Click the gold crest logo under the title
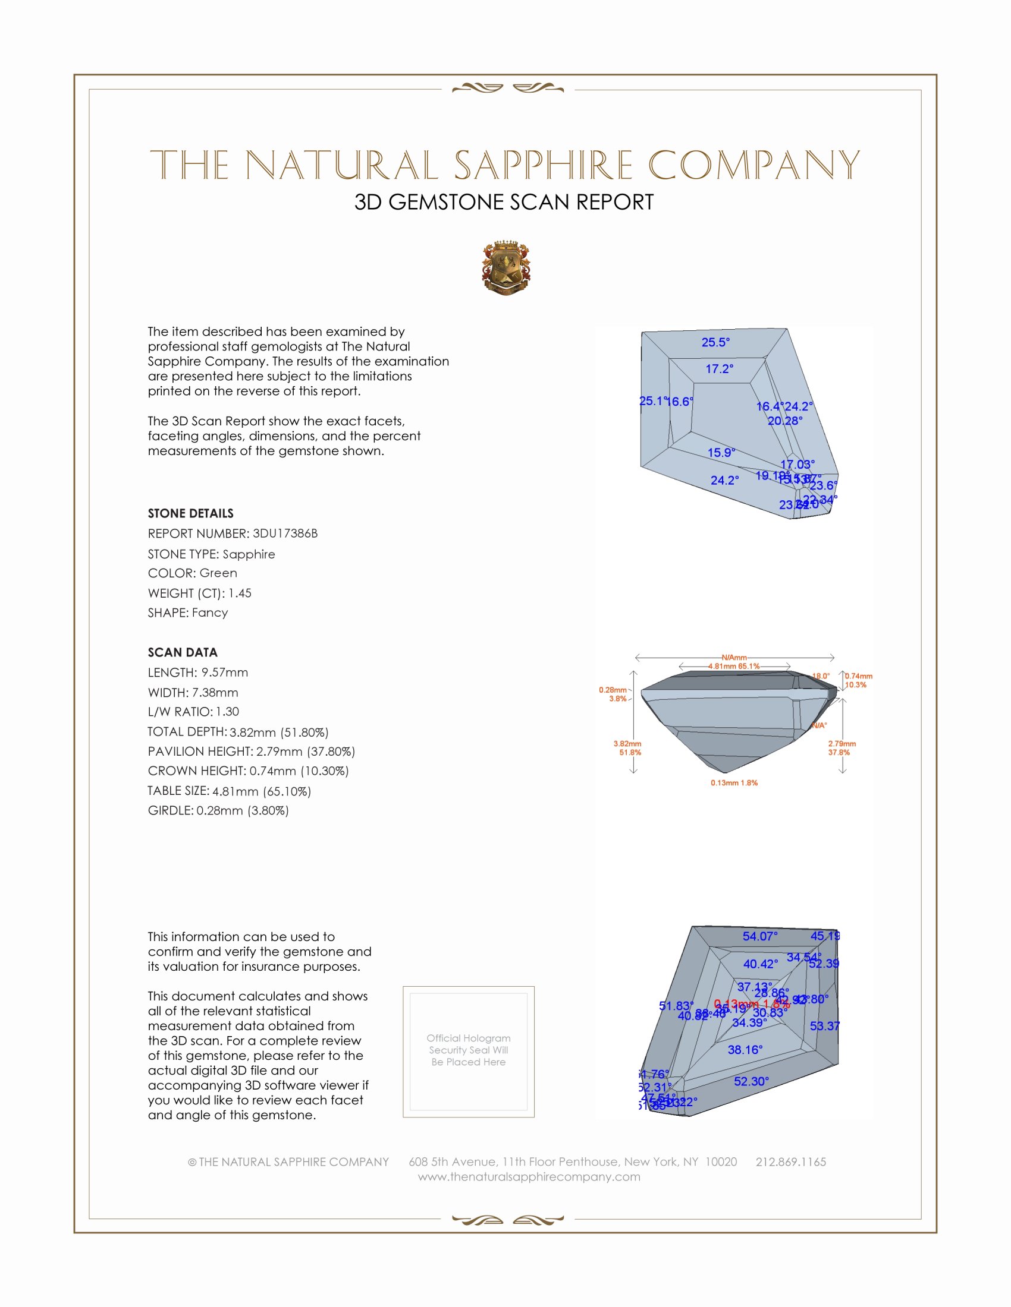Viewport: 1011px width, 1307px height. point(506,267)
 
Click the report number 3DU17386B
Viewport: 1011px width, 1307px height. point(285,533)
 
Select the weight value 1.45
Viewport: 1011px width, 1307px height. point(240,593)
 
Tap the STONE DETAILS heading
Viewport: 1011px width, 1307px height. point(190,513)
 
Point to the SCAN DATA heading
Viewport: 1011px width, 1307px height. point(183,652)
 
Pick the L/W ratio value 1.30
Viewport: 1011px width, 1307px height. point(228,712)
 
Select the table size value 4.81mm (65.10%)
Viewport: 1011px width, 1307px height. point(262,791)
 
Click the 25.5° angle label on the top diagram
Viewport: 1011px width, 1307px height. point(715,342)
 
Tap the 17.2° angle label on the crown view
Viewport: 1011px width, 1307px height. point(720,369)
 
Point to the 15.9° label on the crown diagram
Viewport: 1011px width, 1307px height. point(721,453)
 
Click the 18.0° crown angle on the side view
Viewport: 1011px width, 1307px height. point(821,676)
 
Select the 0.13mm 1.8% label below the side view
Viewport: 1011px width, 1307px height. point(734,783)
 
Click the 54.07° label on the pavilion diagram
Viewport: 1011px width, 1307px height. point(760,936)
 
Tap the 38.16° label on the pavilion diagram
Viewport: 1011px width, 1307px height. point(745,1050)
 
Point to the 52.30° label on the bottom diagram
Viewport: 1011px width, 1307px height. point(751,1081)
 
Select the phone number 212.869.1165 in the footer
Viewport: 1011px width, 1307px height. point(790,1161)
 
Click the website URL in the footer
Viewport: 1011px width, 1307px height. point(529,1176)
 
